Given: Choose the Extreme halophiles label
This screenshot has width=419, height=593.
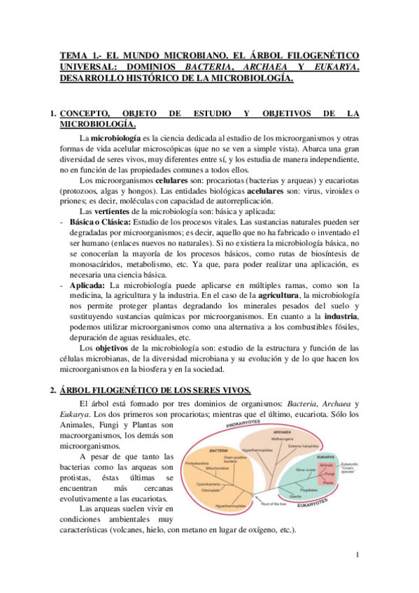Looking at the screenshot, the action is tap(301, 445).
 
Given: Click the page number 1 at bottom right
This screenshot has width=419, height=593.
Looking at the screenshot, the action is tap(357, 555).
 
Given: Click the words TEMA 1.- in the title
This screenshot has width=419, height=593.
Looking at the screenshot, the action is tap(79, 55).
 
